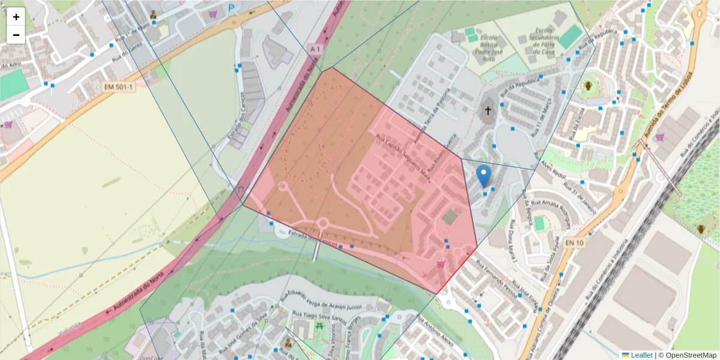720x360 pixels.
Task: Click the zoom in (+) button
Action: pyautogui.click(x=16, y=17)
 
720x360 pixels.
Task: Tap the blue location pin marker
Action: pyautogui.click(x=484, y=176)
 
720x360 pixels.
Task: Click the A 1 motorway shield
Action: pyautogui.click(x=316, y=48)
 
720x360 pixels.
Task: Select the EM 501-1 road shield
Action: pyautogui.click(x=119, y=87)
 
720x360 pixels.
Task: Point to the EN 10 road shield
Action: pyautogui.click(x=574, y=242)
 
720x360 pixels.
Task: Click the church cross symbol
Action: pyautogui.click(x=488, y=110)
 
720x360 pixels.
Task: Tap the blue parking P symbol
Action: pyautogui.click(x=232, y=8)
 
